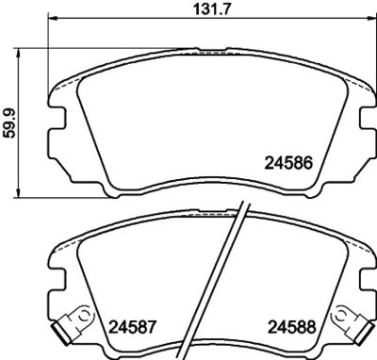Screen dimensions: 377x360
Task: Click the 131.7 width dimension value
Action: [212, 9]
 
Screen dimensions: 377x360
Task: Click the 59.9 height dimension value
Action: [9, 123]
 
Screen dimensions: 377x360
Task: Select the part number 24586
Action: [289, 164]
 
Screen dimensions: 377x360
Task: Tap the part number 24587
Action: [132, 328]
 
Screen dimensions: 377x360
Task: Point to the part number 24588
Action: [291, 328]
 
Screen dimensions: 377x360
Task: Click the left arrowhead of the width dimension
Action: [53, 18]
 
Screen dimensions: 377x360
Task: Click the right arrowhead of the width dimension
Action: [372, 18]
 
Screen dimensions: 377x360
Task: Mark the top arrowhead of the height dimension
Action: [19, 54]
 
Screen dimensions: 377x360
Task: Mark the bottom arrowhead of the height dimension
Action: [19, 193]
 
